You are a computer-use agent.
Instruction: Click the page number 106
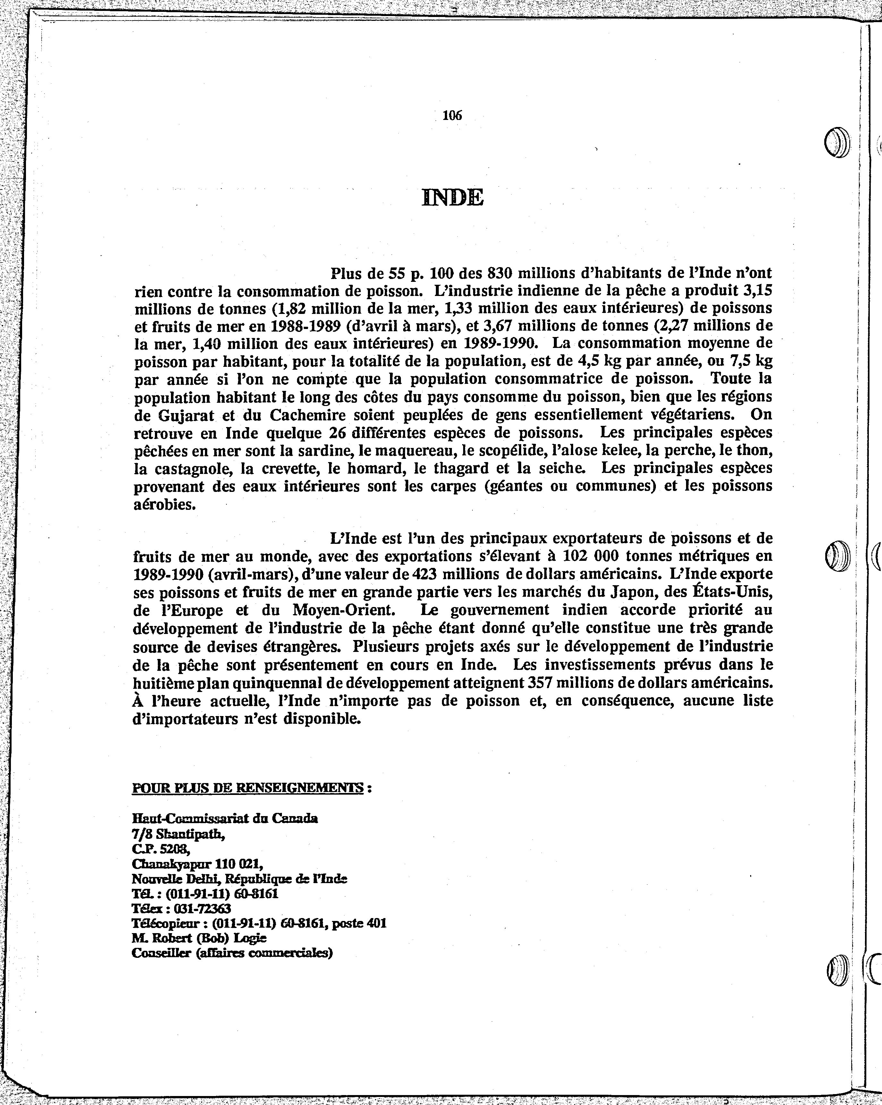pos(452,116)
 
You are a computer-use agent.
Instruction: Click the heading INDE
pos(453,197)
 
